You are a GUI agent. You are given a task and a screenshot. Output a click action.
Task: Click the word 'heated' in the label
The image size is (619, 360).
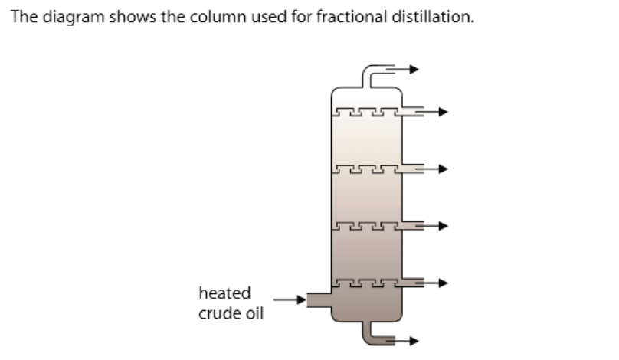224,293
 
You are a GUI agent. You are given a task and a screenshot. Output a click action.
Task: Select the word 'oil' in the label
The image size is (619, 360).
254,314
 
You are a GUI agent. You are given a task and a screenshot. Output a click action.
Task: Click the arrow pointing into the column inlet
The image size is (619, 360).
290,299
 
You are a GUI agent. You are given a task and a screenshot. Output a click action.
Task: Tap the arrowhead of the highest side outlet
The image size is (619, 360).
441,112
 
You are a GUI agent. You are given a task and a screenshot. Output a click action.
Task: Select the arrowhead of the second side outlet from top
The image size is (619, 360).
441,169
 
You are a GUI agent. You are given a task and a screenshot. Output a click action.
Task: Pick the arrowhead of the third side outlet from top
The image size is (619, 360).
441,226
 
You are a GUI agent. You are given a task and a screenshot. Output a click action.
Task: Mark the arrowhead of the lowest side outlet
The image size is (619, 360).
441,283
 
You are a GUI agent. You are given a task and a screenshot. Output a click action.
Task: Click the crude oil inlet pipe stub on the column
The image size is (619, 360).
318,299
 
